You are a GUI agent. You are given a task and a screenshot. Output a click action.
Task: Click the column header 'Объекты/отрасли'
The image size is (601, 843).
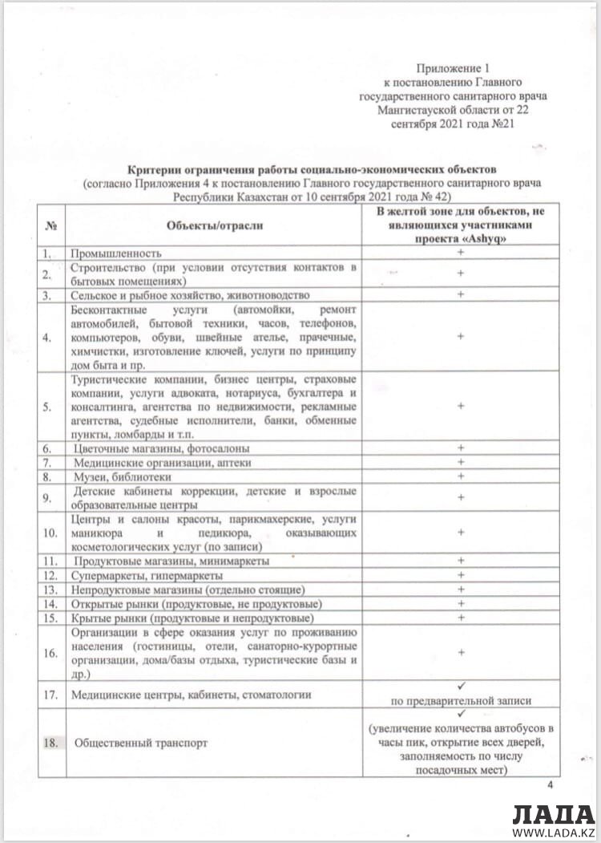pyautogui.click(x=215, y=226)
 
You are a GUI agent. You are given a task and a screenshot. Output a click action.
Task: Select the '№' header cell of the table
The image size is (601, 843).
pyautogui.click(x=50, y=226)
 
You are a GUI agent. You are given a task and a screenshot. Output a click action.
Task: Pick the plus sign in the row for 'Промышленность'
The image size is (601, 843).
pyautogui.click(x=461, y=253)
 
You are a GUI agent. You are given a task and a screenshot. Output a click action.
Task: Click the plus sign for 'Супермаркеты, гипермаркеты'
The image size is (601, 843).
pyautogui.click(x=461, y=575)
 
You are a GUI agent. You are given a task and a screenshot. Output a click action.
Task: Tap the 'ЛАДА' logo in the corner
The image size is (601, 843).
pyautogui.click(x=552, y=813)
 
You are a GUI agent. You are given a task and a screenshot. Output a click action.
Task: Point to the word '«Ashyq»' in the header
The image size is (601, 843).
pyautogui.click(x=494, y=238)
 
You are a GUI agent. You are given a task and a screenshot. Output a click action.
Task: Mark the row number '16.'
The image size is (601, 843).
pyautogui.click(x=50, y=653)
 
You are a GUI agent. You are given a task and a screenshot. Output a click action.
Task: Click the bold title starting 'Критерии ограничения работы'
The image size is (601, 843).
pyautogui.click(x=313, y=170)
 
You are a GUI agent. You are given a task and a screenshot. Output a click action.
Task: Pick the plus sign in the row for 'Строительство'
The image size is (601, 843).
pyautogui.click(x=461, y=273)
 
